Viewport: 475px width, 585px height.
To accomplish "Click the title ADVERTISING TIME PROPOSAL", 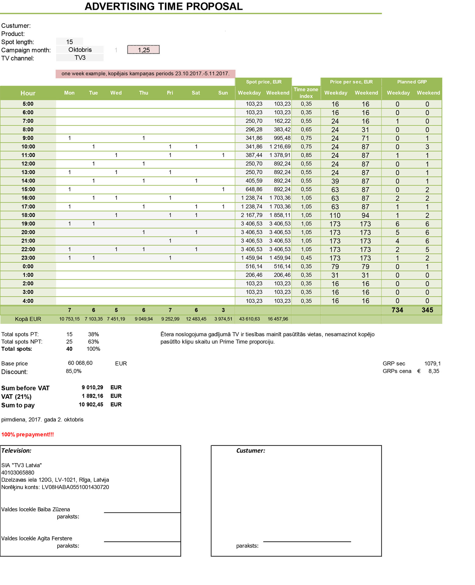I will coord(163,6).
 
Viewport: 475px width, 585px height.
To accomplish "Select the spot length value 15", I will coord(70,42).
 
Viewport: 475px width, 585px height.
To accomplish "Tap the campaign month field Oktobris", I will coord(80,50).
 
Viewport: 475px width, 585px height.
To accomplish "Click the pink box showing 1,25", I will coord(144,50).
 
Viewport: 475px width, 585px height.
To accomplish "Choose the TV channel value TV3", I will coord(80,58).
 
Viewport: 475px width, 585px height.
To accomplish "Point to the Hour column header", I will coord(28,93).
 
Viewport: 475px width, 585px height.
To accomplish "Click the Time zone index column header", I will coord(306,93).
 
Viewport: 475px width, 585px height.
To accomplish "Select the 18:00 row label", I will coord(28,215).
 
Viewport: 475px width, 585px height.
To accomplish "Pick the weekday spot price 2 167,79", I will coord(251,215).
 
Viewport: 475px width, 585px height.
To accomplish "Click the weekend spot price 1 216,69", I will coord(280,147).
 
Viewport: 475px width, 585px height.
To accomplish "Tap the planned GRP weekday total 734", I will coord(397,310).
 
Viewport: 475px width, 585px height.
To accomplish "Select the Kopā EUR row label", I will coord(28,319).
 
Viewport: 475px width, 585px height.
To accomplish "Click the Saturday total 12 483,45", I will coord(196,319).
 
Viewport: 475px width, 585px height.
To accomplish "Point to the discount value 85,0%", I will coord(73,371).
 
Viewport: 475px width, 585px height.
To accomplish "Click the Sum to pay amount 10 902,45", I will coord(91,405).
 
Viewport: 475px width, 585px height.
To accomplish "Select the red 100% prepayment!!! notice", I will coord(27,434).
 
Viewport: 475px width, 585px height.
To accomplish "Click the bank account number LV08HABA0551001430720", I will coord(75,487).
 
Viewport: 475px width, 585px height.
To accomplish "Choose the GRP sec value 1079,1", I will coord(432,363).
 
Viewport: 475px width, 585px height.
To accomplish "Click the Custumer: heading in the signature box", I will coord(251,451).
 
